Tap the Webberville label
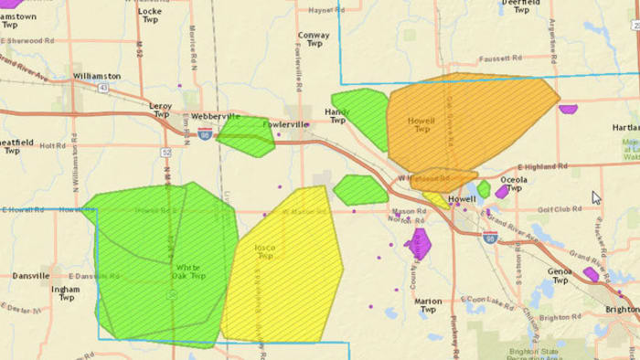[215, 117]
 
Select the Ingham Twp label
[65, 293]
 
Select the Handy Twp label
[336, 115]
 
